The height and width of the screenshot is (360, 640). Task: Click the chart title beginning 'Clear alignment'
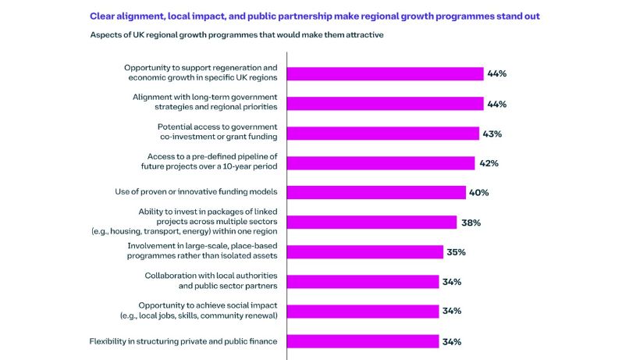click(x=314, y=16)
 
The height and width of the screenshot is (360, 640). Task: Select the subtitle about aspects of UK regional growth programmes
click(x=236, y=36)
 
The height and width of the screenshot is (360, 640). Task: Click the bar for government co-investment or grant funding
click(x=383, y=134)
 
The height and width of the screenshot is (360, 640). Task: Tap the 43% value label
click(x=492, y=134)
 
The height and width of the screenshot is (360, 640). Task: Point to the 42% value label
click(x=488, y=163)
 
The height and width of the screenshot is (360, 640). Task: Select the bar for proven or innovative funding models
click(x=377, y=193)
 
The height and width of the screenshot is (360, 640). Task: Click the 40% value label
click(x=479, y=193)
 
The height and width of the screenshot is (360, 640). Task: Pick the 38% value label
click(x=471, y=223)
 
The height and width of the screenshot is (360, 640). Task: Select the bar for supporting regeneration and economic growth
click(x=386, y=73)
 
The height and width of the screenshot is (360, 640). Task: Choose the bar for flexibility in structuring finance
click(x=364, y=341)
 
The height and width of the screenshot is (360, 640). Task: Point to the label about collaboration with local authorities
click(x=211, y=281)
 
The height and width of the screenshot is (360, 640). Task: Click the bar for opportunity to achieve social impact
click(x=364, y=311)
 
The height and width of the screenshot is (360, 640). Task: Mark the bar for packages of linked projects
click(x=372, y=223)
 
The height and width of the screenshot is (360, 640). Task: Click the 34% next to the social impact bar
click(x=452, y=311)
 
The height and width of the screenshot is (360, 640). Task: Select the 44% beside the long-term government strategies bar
click(x=497, y=104)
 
